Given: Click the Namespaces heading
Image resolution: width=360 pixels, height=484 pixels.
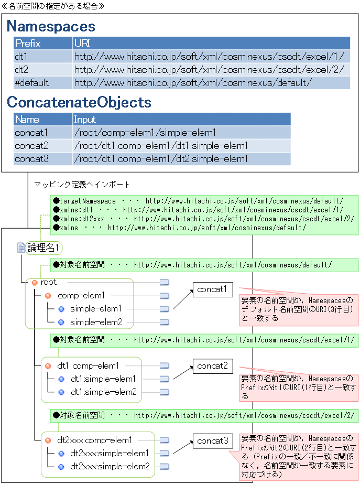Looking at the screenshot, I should click(51, 26).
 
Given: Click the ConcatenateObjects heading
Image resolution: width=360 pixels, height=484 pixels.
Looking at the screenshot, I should click(79, 102).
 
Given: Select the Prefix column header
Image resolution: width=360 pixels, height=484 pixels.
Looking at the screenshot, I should click(28, 43).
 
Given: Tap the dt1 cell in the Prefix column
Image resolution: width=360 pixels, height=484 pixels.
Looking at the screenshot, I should click(21, 56).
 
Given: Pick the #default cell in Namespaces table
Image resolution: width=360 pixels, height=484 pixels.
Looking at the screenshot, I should click(32, 82).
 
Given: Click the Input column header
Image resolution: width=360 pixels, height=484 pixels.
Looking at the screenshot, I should click(85, 119).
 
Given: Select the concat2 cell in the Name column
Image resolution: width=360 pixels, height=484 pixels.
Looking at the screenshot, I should click(31, 146).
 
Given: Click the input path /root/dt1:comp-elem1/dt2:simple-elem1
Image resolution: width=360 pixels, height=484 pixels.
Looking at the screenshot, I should click(160, 159).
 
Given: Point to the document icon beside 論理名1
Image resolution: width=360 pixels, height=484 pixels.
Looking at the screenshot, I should click(21, 248).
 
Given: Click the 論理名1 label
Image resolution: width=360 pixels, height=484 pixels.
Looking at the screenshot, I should click(44, 248).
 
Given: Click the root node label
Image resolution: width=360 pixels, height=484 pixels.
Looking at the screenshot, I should click(49, 282).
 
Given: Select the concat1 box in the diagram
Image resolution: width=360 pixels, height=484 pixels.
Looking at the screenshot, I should click(212, 289).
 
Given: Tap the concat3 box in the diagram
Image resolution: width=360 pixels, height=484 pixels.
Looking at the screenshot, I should click(212, 441).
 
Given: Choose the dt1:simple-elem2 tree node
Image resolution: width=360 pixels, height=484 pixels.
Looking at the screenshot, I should click(103, 392).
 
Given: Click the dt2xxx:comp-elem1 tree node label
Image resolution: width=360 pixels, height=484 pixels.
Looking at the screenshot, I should click(94, 440).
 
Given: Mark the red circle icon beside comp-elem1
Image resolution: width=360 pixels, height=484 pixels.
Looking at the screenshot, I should click(48, 296).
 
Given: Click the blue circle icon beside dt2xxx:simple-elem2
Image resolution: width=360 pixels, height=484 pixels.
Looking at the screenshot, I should click(61, 466).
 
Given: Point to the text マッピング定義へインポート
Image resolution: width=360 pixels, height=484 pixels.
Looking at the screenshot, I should click(82, 185).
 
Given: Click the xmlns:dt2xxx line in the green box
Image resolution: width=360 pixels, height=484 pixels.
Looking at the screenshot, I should click(203, 218).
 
